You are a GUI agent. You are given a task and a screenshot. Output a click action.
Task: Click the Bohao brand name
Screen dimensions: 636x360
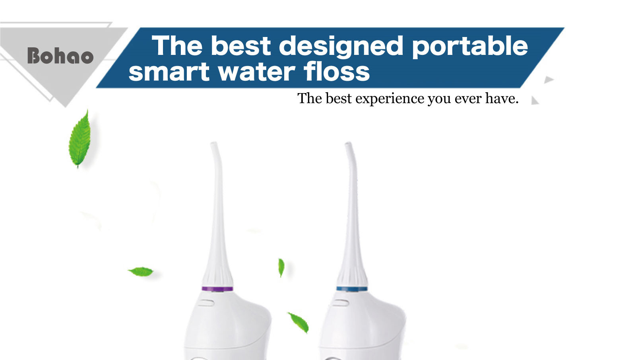click(x=60, y=55)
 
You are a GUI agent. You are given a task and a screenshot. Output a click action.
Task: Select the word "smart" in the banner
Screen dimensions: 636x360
click(x=169, y=71)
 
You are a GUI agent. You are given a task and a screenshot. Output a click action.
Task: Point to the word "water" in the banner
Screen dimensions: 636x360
click(x=257, y=71)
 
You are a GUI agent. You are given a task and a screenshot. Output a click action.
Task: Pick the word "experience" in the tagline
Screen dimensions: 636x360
click(x=390, y=99)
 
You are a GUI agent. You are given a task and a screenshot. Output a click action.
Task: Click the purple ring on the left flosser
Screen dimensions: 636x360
click(x=217, y=289)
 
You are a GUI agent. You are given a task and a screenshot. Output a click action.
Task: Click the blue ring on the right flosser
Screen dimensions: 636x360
click(x=352, y=289)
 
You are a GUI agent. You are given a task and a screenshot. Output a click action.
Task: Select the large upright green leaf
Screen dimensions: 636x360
click(x=80, y=139)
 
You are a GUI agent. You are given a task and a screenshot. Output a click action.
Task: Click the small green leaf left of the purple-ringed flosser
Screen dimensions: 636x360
click(x=141, y=272)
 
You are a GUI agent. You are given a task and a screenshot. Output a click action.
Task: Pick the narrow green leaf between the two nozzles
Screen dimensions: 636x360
click(x=281, y=267)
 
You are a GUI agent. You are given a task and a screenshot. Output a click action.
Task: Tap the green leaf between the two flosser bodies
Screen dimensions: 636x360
click(x=298, y=322)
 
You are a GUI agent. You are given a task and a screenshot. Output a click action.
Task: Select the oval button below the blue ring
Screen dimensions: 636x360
click(x=340, y=303)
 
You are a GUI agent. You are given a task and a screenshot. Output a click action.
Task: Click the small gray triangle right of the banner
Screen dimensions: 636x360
click(x=548, y=80)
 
